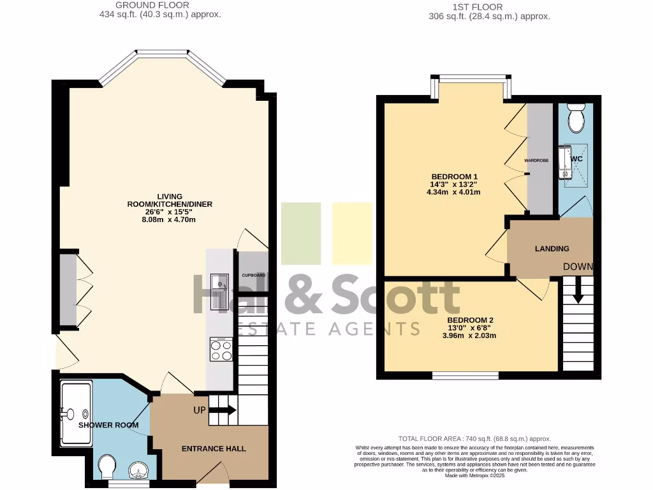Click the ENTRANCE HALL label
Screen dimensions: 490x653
pyautogui.click(x=214, y=449)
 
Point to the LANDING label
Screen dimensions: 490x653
pyautogui.click(x=552, y=248)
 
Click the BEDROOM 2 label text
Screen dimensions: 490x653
pyautogui.click(x=471, y=320)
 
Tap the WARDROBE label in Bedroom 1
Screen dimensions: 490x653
pyautogui.click(x=536, y=161)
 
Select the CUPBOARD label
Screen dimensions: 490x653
pyautogui.click(x=253, y=275)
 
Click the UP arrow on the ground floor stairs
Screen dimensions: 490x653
pyautogui.click(x=223, y=410)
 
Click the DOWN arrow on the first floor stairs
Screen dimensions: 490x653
pyautogui.click(x=578, y=291)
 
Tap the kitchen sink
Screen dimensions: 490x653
pyautogui.click(x=220, y=292)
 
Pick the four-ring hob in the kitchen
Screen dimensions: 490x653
pyautogui.click(x=221, y=350)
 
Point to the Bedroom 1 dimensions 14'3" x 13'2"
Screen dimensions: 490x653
pyautogui.click(x=454, y=184)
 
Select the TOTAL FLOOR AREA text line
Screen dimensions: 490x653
pyautogui.click(x=474, y=439)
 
